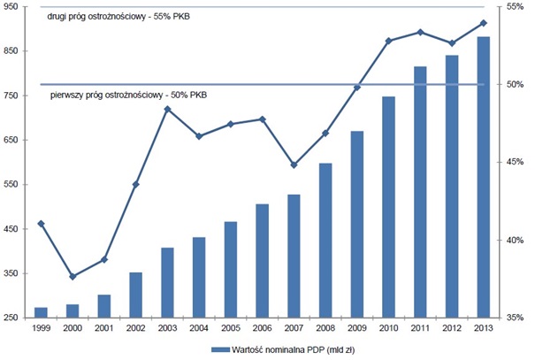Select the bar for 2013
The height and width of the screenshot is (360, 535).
[x=483, y=177]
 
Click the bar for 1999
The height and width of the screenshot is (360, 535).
[x=41, y=312]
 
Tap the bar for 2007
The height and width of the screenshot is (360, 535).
[x=294, y=256]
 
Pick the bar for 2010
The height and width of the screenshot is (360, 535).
[x=388, y=207]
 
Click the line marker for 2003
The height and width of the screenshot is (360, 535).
[x=167, y=109]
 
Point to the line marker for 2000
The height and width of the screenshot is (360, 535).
[x=73, y=277]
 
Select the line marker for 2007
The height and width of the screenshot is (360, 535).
[x=294, y=165]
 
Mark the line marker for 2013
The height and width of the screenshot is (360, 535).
[x=483, y=23]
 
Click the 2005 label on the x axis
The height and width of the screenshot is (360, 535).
[x=230, y=328]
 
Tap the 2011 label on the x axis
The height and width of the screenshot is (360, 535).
[x=420, y=328]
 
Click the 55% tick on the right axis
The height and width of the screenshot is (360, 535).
[x=516, y=7]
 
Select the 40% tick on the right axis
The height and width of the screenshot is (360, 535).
[x=516, y=240]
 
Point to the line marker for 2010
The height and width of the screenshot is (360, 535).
[x=388, y=42]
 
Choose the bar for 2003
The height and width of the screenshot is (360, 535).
[x=167, y=282]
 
